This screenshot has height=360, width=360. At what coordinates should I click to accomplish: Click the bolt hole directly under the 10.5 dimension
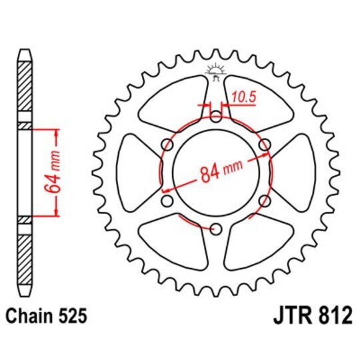(215, 117)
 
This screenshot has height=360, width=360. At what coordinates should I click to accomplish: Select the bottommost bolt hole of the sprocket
(215, 230)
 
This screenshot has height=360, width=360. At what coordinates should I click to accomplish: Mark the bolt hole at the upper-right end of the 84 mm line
(264, 145)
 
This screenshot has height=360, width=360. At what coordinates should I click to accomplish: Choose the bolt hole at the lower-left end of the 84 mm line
(167, 201)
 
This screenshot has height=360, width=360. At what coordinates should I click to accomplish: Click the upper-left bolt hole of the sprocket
(167, 145)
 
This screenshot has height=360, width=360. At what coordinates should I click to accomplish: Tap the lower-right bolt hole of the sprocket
(264, 201)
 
